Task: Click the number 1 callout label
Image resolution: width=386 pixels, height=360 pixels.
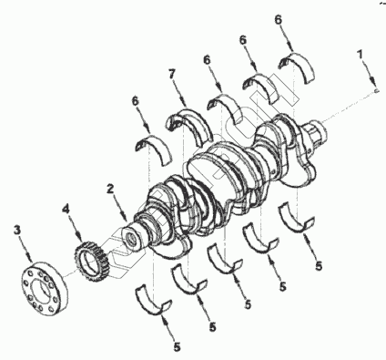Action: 360,55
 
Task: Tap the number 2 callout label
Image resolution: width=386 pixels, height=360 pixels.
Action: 110,189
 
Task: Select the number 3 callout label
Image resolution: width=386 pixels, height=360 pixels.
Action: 17,231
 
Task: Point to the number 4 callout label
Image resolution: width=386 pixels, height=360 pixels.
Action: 66,210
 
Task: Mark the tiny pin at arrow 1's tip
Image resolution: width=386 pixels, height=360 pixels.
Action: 377,90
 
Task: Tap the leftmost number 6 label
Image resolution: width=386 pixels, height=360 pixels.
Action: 136,101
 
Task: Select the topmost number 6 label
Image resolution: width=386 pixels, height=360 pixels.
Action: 279,20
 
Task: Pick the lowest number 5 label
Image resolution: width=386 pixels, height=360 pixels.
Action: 177,346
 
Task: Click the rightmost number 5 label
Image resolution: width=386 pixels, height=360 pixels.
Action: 319,266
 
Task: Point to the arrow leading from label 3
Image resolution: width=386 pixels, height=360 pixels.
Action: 25,249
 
